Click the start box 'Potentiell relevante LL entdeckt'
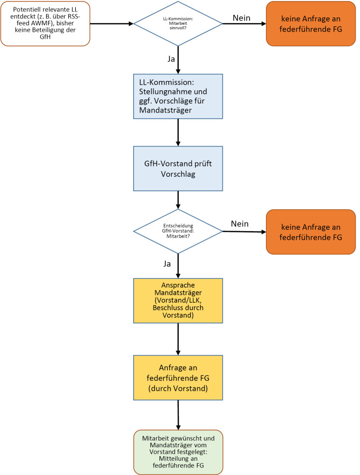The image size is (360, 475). [x=46, y=24]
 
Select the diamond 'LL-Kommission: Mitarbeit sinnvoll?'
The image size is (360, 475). [x=178, y=24]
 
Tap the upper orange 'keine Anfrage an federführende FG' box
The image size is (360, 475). [x=310, y=24]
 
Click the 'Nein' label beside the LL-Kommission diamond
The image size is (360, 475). [x=241, y=18]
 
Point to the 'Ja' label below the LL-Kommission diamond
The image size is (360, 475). [x=171, y=59]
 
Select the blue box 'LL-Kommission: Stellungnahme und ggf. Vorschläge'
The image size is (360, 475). [x=178, y=96]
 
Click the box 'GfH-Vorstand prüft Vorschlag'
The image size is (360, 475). [x=178, y=168]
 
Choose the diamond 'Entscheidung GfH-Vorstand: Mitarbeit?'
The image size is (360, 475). [x=178, y=231]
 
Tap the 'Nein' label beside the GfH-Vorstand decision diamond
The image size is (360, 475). [x=240, y=223]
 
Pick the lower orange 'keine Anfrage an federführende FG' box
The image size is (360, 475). [x=310, y=232]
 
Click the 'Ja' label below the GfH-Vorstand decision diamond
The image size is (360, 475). [x=167, y=264]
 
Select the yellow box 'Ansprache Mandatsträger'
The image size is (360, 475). [x=178, y=301]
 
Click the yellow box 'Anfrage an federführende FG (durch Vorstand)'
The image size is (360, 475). [x=178, y=378]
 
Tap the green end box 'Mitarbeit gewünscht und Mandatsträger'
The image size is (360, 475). [x=178, y=452]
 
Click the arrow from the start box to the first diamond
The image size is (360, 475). [x=112, y=24]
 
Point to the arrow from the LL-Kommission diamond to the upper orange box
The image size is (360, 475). [x=244, y=24]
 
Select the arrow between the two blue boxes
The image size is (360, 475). [x=178, y=132]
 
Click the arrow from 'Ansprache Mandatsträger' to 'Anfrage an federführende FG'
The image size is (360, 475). [x=178, y=339]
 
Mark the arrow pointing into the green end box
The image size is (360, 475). [x=178, y=415]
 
